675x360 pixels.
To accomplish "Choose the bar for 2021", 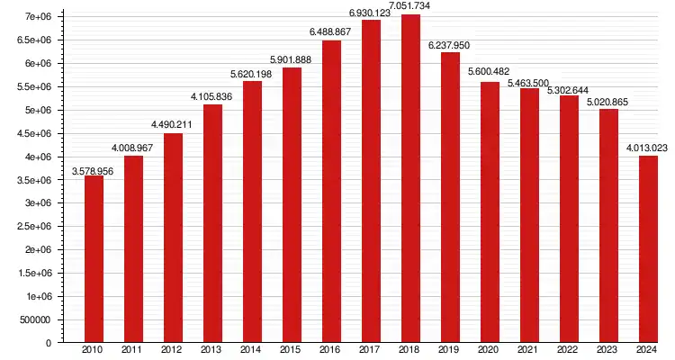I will pos(529,215).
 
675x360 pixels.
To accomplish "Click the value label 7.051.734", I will pos(411,6).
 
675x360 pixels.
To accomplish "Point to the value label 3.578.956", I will pos(94,170).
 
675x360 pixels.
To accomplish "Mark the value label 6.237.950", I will pos(450,44).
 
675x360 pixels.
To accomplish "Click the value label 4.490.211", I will pos(173,125).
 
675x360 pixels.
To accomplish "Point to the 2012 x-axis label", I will pos(173,350).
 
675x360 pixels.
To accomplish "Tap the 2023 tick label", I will pos(608,350).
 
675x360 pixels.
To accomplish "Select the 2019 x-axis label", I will pos(450,350).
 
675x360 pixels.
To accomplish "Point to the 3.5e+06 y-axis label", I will pos(33,180).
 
